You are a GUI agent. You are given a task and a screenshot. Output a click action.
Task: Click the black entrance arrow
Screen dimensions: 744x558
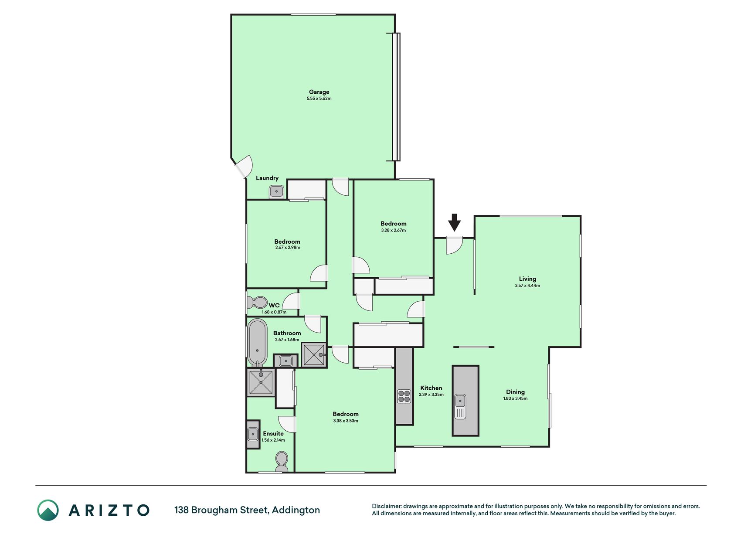(x=454, y=222)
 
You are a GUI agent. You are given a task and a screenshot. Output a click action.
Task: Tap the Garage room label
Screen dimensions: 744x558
(x=319, y=92)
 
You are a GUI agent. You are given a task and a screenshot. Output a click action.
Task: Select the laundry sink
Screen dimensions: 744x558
(x=276, y=191)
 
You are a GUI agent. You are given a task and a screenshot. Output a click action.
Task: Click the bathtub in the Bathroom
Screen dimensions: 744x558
(x=257, y=343)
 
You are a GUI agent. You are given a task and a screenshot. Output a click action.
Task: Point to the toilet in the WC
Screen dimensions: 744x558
(x=257, y=302)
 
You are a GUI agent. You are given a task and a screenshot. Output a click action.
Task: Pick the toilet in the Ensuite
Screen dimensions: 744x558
(x=282, y=461)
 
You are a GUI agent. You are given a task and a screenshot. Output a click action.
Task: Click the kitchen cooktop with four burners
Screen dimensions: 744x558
(x=404, y=396)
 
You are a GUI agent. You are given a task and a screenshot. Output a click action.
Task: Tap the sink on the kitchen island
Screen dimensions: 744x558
(x=460, y=406)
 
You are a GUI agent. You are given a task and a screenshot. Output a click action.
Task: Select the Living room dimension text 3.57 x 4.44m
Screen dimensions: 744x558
(x=527, y=286)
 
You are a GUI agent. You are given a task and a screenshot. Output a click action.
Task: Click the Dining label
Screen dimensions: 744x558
(x=515, y=392)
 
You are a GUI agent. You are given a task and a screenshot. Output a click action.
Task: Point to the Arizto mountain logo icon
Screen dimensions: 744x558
(x=48, y=510)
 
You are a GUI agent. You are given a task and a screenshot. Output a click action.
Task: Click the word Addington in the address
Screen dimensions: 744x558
(x=296, y=510)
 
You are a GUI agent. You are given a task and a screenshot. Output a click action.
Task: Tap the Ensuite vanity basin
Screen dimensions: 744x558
(x=253, y=434)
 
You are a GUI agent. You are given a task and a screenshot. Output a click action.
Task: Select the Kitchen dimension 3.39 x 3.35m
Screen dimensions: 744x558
(x=431, y=395)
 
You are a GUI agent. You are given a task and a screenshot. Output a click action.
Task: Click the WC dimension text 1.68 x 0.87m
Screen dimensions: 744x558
(x=274, y=312)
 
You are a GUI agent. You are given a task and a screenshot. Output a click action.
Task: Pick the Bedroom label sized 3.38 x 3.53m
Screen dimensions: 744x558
(x=346, y=414)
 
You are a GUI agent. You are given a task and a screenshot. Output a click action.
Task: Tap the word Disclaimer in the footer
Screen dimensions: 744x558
(x=386, y=506)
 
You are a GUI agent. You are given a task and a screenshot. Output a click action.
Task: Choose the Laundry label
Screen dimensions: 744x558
(x=267, y=178)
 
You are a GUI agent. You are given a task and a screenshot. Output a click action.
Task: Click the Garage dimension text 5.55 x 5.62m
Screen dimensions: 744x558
(x=319, y=99)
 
